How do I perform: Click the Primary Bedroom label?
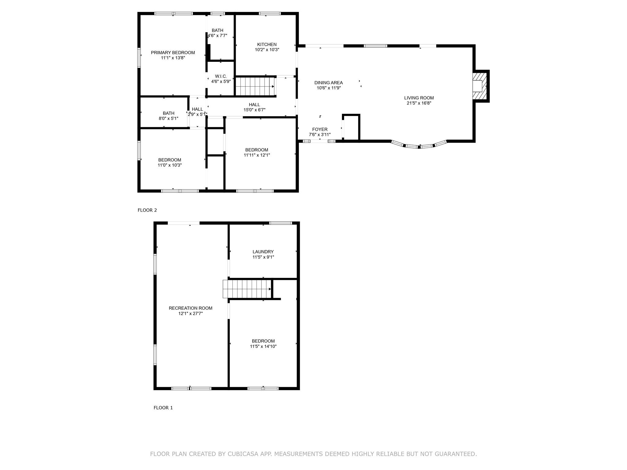tap(173, 53)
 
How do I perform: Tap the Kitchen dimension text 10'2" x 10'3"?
tap(267, 50)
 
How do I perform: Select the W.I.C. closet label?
tap(221, 76)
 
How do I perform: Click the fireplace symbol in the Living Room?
tap(480, 86)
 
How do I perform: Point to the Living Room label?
tap(419, 98)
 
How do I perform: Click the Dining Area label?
tap(329, 83)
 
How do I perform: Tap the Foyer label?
tap(320, 129)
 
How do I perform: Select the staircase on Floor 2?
tap(255, 86)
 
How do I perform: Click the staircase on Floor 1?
tap(247, 289)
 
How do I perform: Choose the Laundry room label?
tap(263, 252)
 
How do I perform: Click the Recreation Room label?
tap(190, 308)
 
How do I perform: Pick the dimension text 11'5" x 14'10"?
tap(263, 346)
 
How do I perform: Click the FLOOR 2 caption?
tap(147, 210)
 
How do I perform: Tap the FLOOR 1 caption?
tap(163, 408)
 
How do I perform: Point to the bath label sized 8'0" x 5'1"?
tap(169, 113)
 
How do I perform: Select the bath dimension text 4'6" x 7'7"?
tap(218, 35)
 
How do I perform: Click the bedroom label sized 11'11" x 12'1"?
tap(257, 150)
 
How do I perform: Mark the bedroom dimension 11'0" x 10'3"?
tap(170, 165)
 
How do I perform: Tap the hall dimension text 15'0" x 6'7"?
tap(254, 110)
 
